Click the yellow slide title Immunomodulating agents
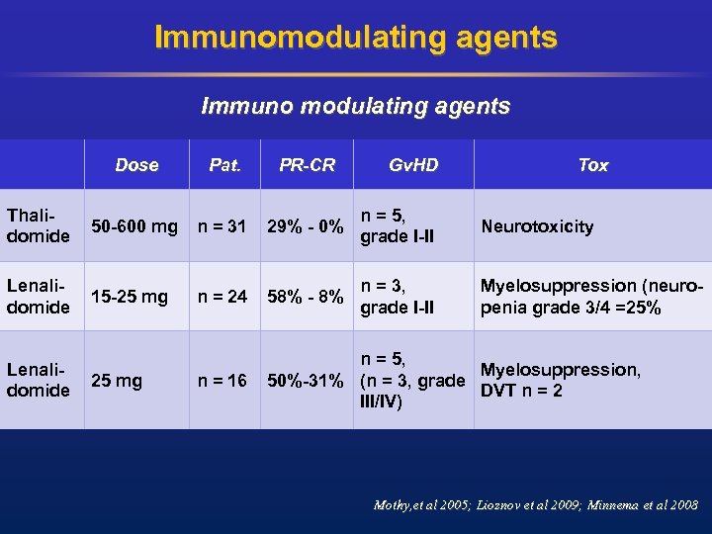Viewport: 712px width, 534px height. tap(356, 38)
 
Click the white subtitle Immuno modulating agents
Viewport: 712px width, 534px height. tap(356, 106)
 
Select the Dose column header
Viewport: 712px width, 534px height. tap(136, 165)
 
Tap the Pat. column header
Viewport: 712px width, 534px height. tap(225, 165)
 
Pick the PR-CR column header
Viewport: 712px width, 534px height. tap(307, 165)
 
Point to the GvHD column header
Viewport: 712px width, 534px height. tap(412, 165)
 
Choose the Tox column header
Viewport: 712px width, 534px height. tap(592, 165)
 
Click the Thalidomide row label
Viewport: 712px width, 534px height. tap(38, 225)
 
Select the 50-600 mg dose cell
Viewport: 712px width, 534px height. tap(134, 226)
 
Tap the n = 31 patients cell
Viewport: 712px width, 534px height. tap(222, 226)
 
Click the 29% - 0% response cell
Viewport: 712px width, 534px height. tap(306, 226)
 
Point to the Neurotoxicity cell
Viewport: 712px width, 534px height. tap(537, 226)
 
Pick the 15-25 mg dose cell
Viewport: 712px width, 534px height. tap(131, 296)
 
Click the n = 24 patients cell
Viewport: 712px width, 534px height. tap(222, 296)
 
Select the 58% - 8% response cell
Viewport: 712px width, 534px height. tap(306, 296)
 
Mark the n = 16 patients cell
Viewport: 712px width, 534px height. tap(222, 380)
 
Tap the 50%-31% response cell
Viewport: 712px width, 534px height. tap(306, 380)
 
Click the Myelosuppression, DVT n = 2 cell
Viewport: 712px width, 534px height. tap(561, 380)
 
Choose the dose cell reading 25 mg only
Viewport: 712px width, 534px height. tap(117, 380)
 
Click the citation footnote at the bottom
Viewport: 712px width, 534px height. tap(535, 505)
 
